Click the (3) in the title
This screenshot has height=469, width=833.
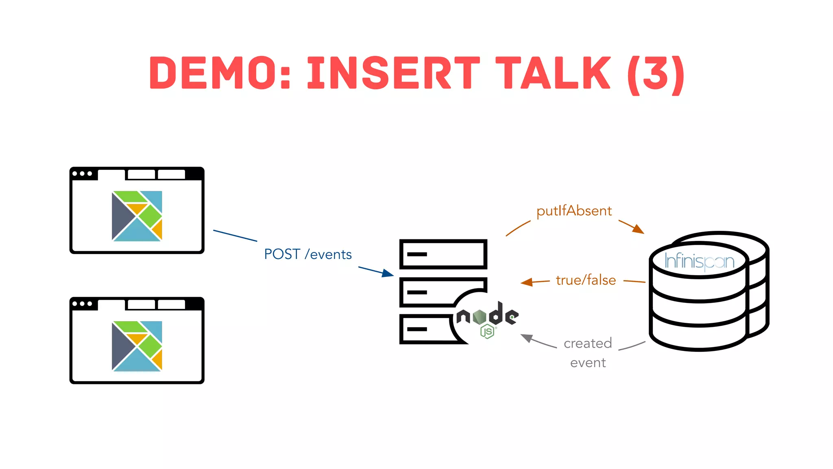tap(656, 74)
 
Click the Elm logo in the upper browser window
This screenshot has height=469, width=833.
tap(137, 216)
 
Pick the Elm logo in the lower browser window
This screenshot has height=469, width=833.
tap(137, 346)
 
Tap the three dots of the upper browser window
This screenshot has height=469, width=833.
tap(82, 174)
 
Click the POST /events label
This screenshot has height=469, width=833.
tap(308, 254)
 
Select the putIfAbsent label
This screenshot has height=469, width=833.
tap(574, 211)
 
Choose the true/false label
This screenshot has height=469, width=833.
tap(586, 280)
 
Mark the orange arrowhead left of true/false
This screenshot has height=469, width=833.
tap(527, 282)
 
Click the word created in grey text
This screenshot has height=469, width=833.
tap(588, 343)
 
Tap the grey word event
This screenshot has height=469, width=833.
tap(588, 362)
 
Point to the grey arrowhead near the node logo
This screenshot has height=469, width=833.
tap(527, 338)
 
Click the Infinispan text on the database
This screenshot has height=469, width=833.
tap(699, 261)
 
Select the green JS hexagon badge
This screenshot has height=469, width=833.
tap(487, 331)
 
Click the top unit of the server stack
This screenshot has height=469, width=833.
tap(443, 254)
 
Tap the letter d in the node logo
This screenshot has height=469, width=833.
tap(496, 314)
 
